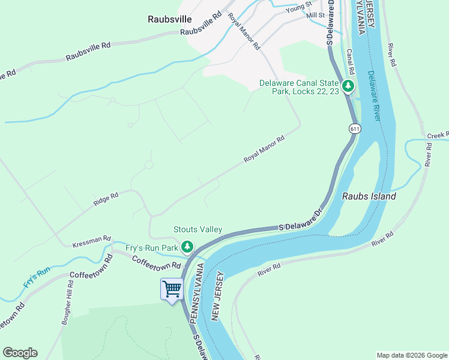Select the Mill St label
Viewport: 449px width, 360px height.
315,14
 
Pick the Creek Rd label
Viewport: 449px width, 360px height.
438,136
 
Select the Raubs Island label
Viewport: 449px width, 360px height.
369,196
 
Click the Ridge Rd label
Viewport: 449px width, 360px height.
106,199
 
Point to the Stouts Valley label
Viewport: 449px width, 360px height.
197,229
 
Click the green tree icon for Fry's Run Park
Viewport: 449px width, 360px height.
187,247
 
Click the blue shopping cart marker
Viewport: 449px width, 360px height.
172,289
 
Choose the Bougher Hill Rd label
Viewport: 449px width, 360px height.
67,305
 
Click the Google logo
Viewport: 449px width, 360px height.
20,353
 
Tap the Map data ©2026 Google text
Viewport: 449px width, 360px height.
411,355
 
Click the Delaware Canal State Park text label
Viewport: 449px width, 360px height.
299,88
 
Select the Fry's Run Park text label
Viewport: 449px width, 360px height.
152,247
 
